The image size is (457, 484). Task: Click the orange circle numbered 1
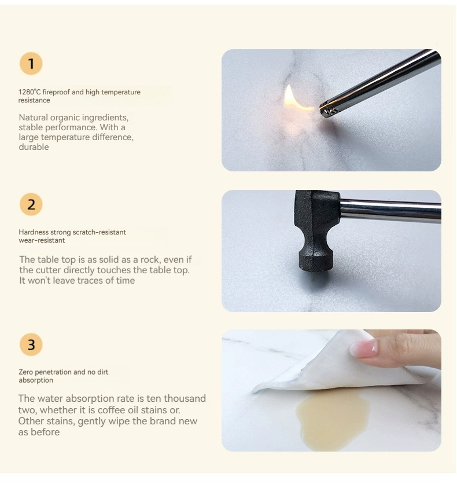(x=31, y=64)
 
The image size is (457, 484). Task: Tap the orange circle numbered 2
(x=31, y=204)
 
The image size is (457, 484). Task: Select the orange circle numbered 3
(x=31, y=344)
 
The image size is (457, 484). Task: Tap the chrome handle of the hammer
(x=390, y=211)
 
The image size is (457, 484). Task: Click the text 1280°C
(x=30, y=92)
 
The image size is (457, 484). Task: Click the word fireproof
(x=56, y=92)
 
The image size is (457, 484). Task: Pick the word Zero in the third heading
(x=25, y=372)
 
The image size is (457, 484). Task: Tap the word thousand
(x=185, y=398)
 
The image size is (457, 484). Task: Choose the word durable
(x=34, y=147)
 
